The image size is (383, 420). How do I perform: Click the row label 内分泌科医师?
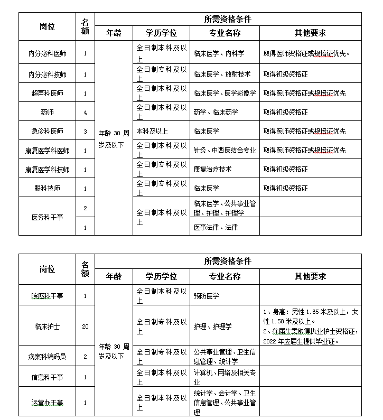47,54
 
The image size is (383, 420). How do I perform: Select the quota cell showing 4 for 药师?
85,113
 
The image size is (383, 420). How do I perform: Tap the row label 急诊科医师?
47,132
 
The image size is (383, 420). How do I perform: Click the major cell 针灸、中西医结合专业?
225,151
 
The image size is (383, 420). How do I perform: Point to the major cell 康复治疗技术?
212,170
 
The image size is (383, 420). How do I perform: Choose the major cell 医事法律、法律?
216,227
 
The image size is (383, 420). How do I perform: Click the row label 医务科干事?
47,217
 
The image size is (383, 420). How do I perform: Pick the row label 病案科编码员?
47,357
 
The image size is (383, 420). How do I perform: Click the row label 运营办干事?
47,403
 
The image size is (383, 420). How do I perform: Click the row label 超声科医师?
47,94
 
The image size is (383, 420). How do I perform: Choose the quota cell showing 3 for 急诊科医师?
85,132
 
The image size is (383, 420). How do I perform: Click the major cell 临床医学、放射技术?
222,74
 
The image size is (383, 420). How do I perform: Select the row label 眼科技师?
47,189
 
